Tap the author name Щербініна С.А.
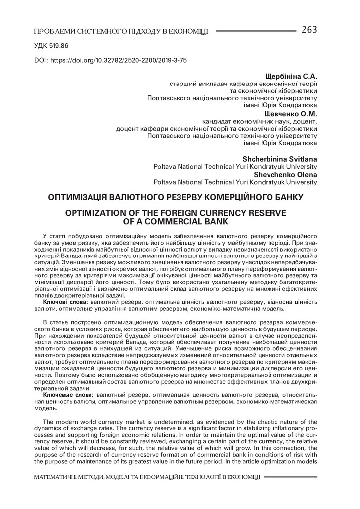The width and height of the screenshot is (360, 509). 291,76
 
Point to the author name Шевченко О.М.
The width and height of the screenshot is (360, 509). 292,113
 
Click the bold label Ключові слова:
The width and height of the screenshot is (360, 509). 66,302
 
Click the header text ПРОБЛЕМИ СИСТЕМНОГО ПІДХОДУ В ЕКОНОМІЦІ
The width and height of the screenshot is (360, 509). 121,32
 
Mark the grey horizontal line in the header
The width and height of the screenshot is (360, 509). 256,31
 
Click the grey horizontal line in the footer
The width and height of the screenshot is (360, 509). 290,477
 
